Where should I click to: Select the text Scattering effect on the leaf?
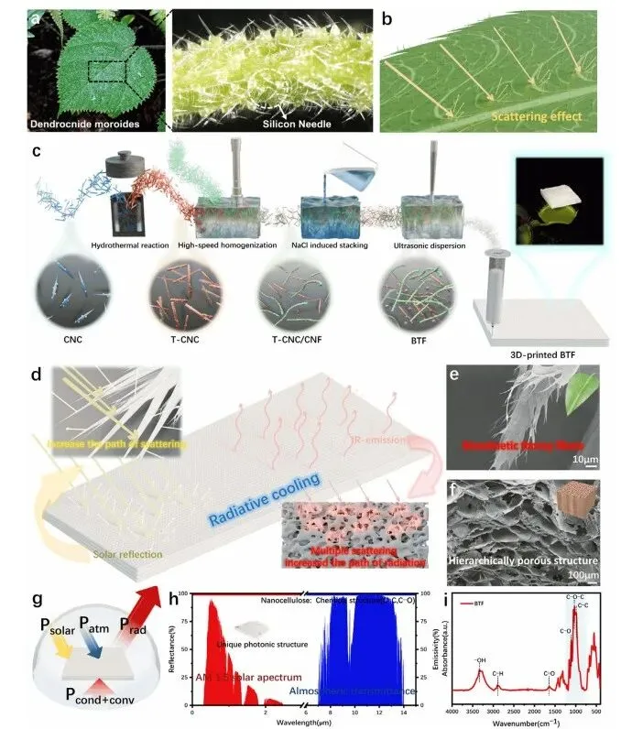click(537, 117)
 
